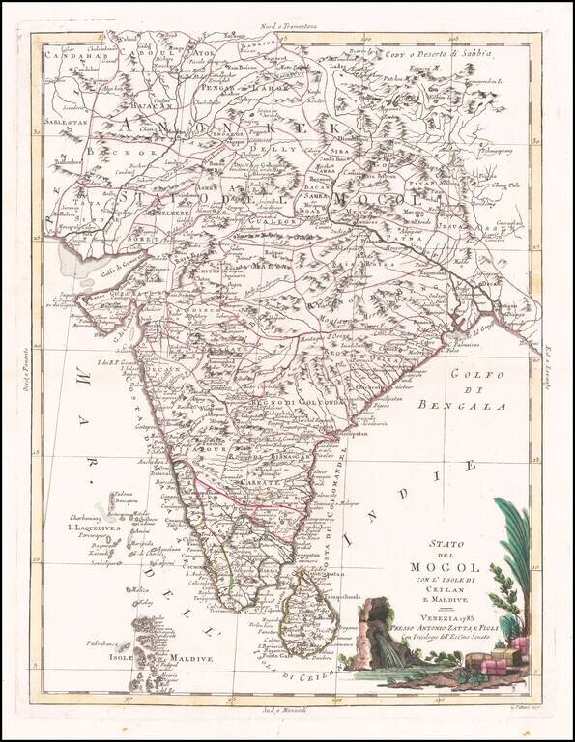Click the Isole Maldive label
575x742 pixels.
click(158, 658)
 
